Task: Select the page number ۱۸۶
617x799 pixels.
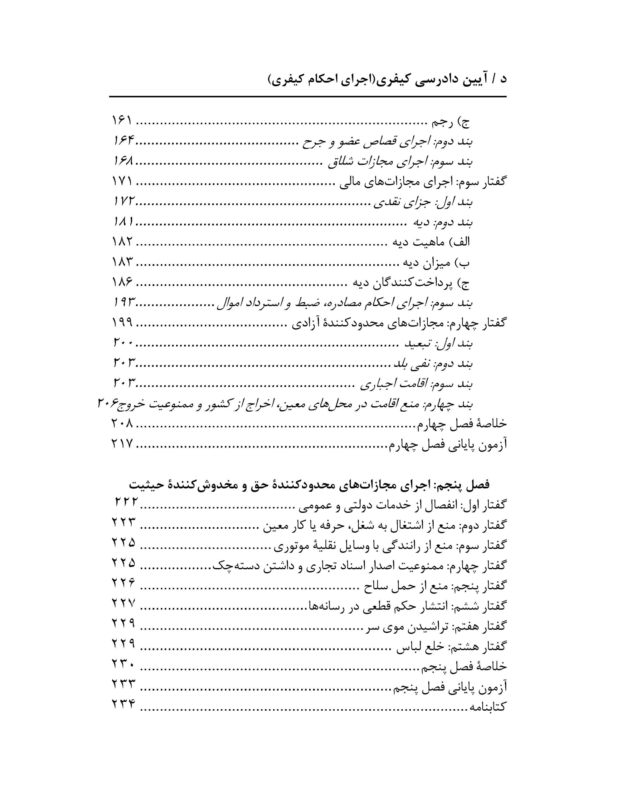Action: pyautogui.click(x=122, y=282)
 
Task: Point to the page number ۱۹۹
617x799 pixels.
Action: pyautogui.click(x=122, y=323)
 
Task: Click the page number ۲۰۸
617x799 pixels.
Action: pyautogui.click(x=122, y=423)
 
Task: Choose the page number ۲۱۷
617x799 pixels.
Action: pyautogui.click(x=122, y=444)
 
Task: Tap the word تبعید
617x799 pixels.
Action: pyautogui.click(x=416, y=344)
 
